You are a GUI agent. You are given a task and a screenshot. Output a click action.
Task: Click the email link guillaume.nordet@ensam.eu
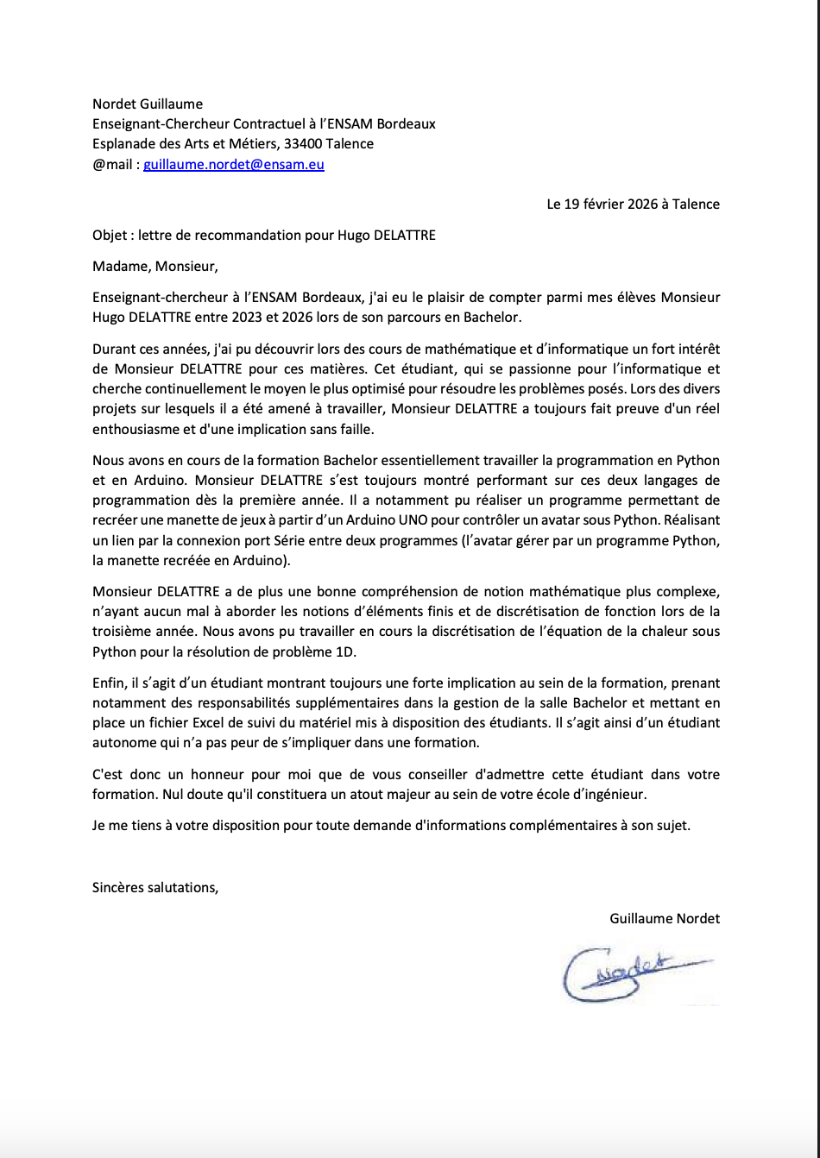[233, 164]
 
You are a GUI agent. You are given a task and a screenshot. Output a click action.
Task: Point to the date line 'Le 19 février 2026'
[633, 205]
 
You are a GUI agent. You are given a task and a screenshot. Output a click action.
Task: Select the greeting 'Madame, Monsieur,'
[149, 266]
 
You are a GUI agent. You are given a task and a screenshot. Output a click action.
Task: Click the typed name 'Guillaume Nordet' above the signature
[664, 918]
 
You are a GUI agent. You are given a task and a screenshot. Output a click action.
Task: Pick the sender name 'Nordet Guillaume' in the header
[148, 104]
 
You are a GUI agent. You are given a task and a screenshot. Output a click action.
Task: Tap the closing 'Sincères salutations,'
[155, 886]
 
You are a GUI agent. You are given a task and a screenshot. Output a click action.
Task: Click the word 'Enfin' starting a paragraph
[107, 683]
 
